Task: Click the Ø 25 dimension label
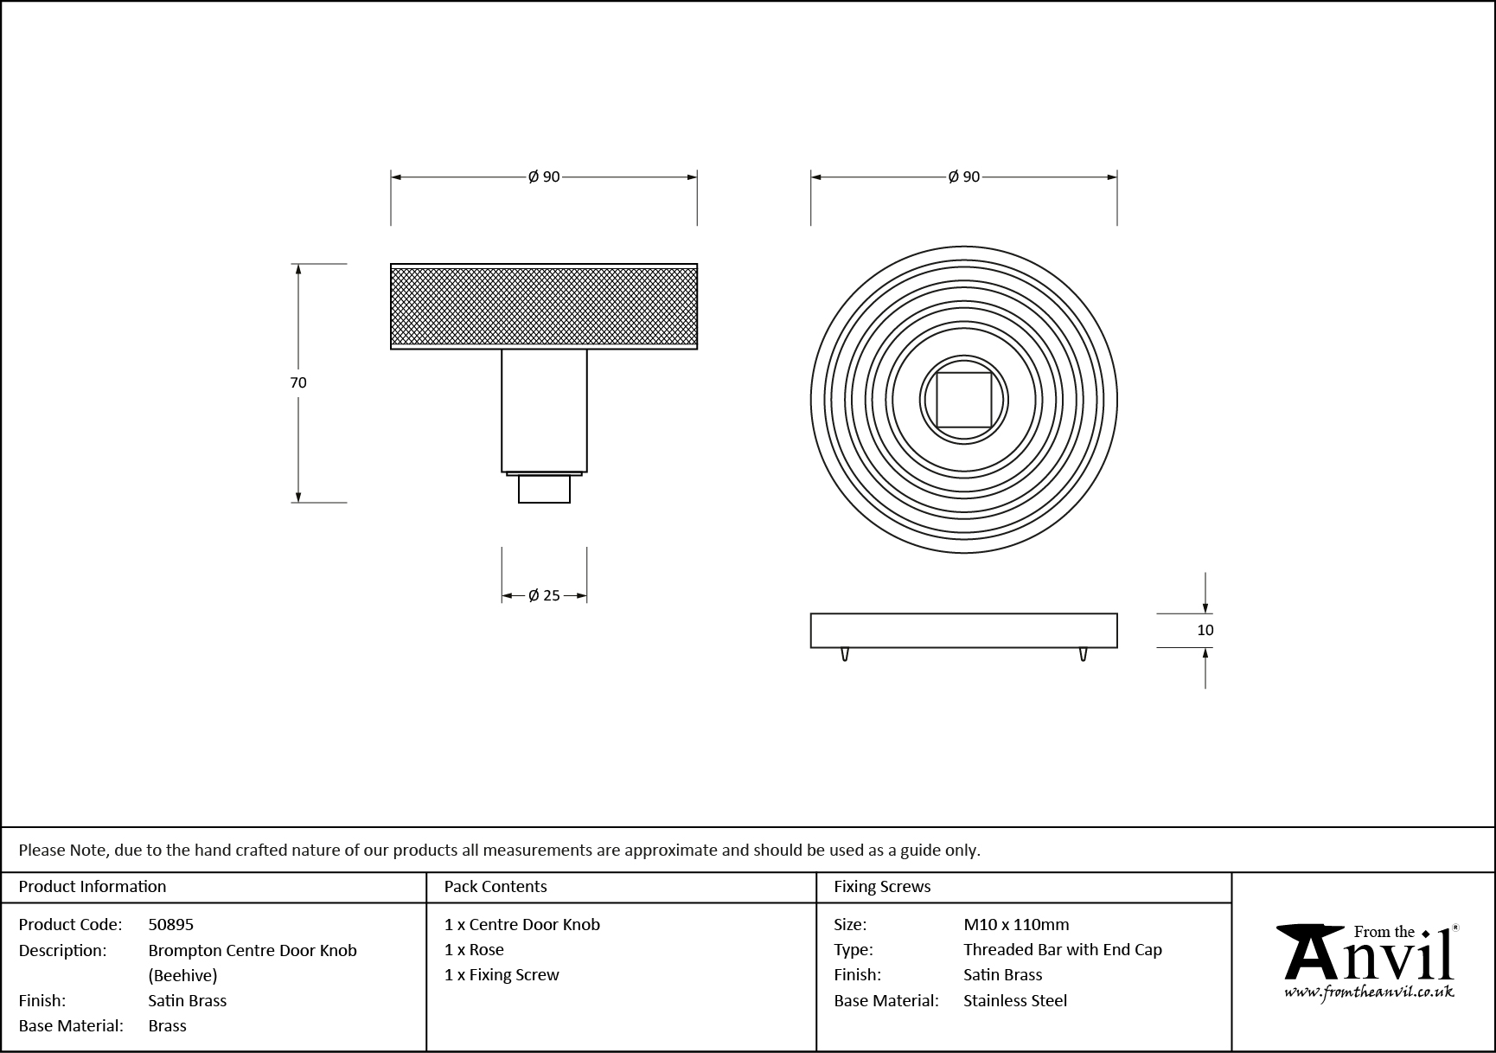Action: coord(544,595)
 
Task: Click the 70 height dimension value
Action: coord(298,382)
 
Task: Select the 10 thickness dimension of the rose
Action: coord(1205,630)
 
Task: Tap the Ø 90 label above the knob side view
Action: coord(544,177)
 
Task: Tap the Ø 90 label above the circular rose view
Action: coord(963,177)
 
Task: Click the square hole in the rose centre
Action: coord(963,400)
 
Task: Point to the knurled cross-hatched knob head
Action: coord(544,306)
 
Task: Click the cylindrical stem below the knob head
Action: coord(544,410)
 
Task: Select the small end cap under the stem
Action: coord(544,490)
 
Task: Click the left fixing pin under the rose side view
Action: coord(845,654)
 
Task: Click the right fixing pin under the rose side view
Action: coord(1083,654)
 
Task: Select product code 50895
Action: coord(170,924)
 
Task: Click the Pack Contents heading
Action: coord(495,886)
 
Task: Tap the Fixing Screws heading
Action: coord(882,886)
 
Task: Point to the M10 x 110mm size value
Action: coord(1016,924)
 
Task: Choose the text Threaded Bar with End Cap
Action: coord(1062,949)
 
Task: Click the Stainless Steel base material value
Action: coord(1014,1000)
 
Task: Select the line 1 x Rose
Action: coord(474,949)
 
